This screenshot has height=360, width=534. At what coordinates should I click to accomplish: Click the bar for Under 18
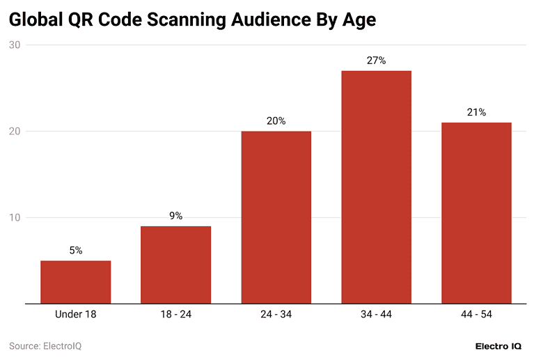75,282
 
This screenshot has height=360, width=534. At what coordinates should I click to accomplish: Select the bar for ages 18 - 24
175,265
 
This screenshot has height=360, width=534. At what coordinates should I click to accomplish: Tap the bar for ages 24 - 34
276,217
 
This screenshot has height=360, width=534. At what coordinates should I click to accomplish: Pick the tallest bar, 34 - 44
376,187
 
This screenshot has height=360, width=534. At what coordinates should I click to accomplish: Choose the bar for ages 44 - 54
476,213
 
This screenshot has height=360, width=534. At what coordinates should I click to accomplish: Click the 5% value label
75,251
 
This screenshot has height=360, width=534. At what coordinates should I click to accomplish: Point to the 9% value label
175,216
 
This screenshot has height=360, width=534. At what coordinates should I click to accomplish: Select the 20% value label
276,121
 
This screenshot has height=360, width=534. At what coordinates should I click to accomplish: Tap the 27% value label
376,61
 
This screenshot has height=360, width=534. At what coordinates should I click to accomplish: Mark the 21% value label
476,112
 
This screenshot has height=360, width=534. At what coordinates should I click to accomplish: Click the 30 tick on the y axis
15,45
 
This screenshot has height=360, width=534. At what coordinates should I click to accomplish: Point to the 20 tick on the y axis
15,132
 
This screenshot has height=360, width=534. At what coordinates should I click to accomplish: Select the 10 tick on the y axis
15,218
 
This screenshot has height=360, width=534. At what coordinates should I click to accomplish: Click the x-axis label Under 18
75,315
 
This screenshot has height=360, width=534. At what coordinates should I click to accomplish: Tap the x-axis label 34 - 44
376,315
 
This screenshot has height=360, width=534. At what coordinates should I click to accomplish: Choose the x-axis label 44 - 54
476,315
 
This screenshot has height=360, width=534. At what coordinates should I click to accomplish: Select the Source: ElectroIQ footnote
50,345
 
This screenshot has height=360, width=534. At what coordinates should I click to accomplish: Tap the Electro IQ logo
493,346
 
